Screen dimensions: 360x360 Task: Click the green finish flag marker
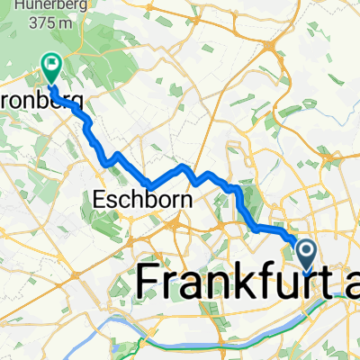click(49, 64)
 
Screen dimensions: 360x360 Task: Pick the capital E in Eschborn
click(99, 200)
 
